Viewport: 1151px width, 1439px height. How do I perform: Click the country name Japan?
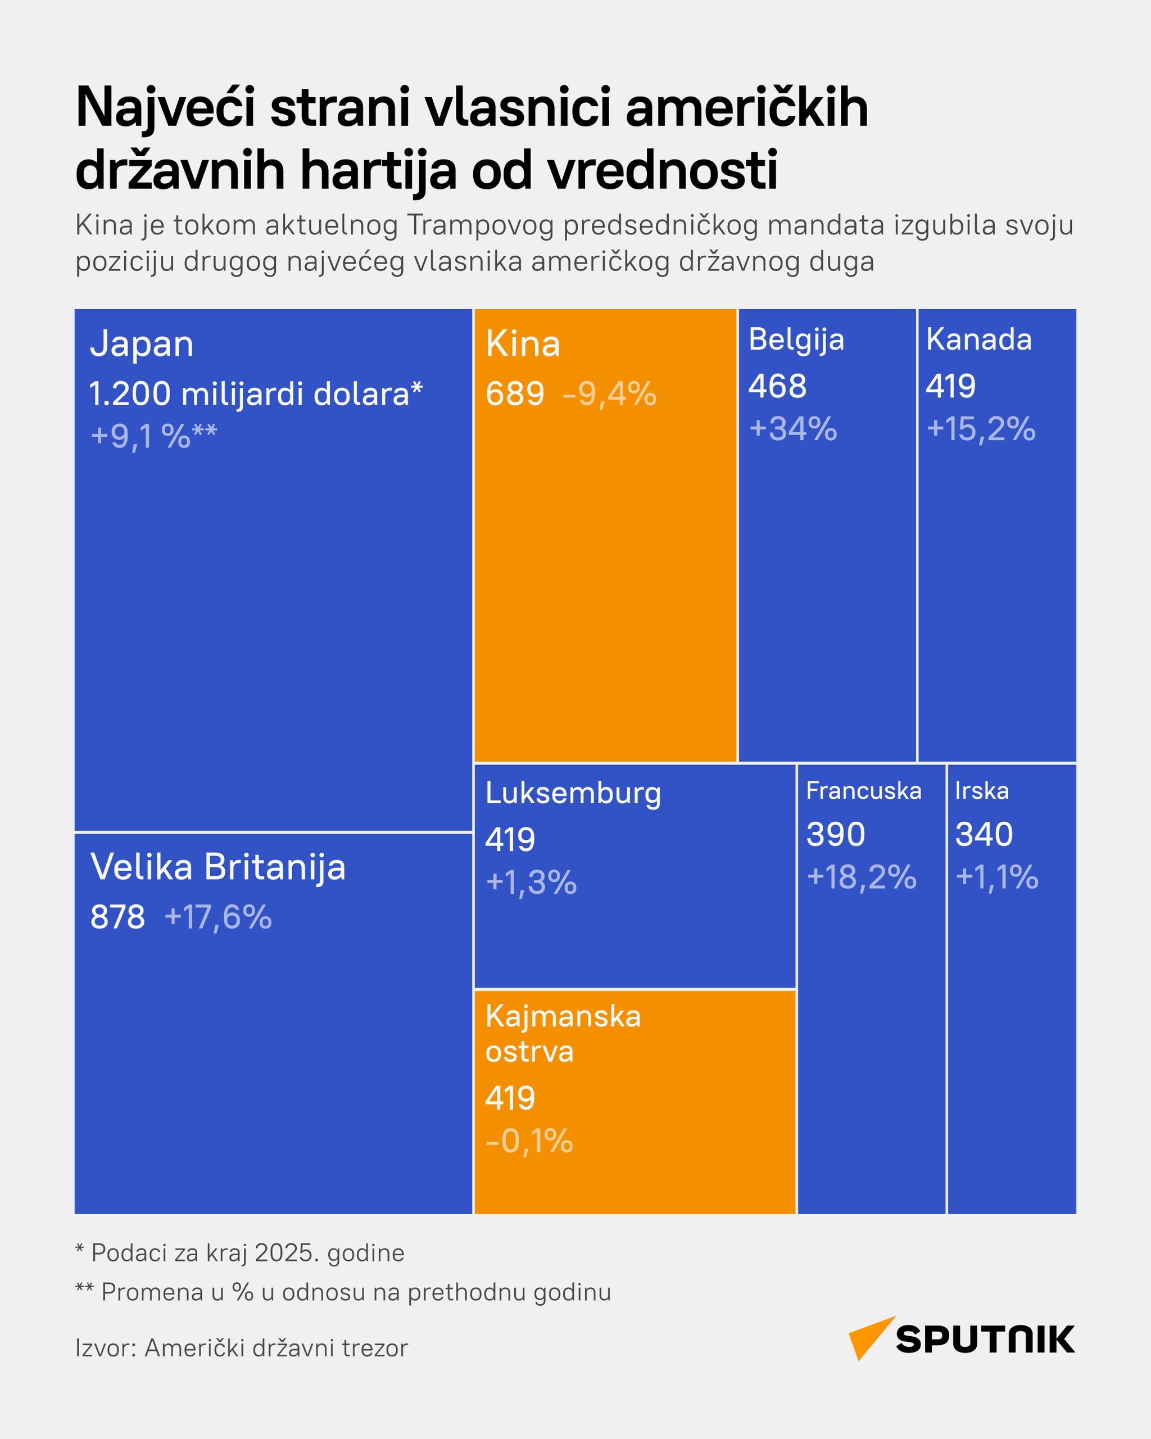[142, 345]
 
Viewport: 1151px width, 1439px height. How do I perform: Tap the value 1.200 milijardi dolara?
[255, 394]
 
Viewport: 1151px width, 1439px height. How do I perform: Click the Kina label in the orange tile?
[523, 345]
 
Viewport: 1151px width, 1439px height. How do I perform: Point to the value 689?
[514, 394]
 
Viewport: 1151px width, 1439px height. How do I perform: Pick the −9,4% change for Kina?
[609, 394]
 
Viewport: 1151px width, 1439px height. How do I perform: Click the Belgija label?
[796, 340]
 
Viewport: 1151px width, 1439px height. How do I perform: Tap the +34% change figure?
[792, 428]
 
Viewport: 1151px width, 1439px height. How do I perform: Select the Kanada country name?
[978, 339]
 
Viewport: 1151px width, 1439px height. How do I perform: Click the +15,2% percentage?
[981, 428]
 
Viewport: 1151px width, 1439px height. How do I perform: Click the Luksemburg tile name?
[573, 793]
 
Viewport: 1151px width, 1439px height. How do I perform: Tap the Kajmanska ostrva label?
[563, 1033]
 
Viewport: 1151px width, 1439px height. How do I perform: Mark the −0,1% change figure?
[529, 1141]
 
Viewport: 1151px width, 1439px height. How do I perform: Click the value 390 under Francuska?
[835, 834]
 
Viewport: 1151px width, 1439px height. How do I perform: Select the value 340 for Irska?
[984, 834]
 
